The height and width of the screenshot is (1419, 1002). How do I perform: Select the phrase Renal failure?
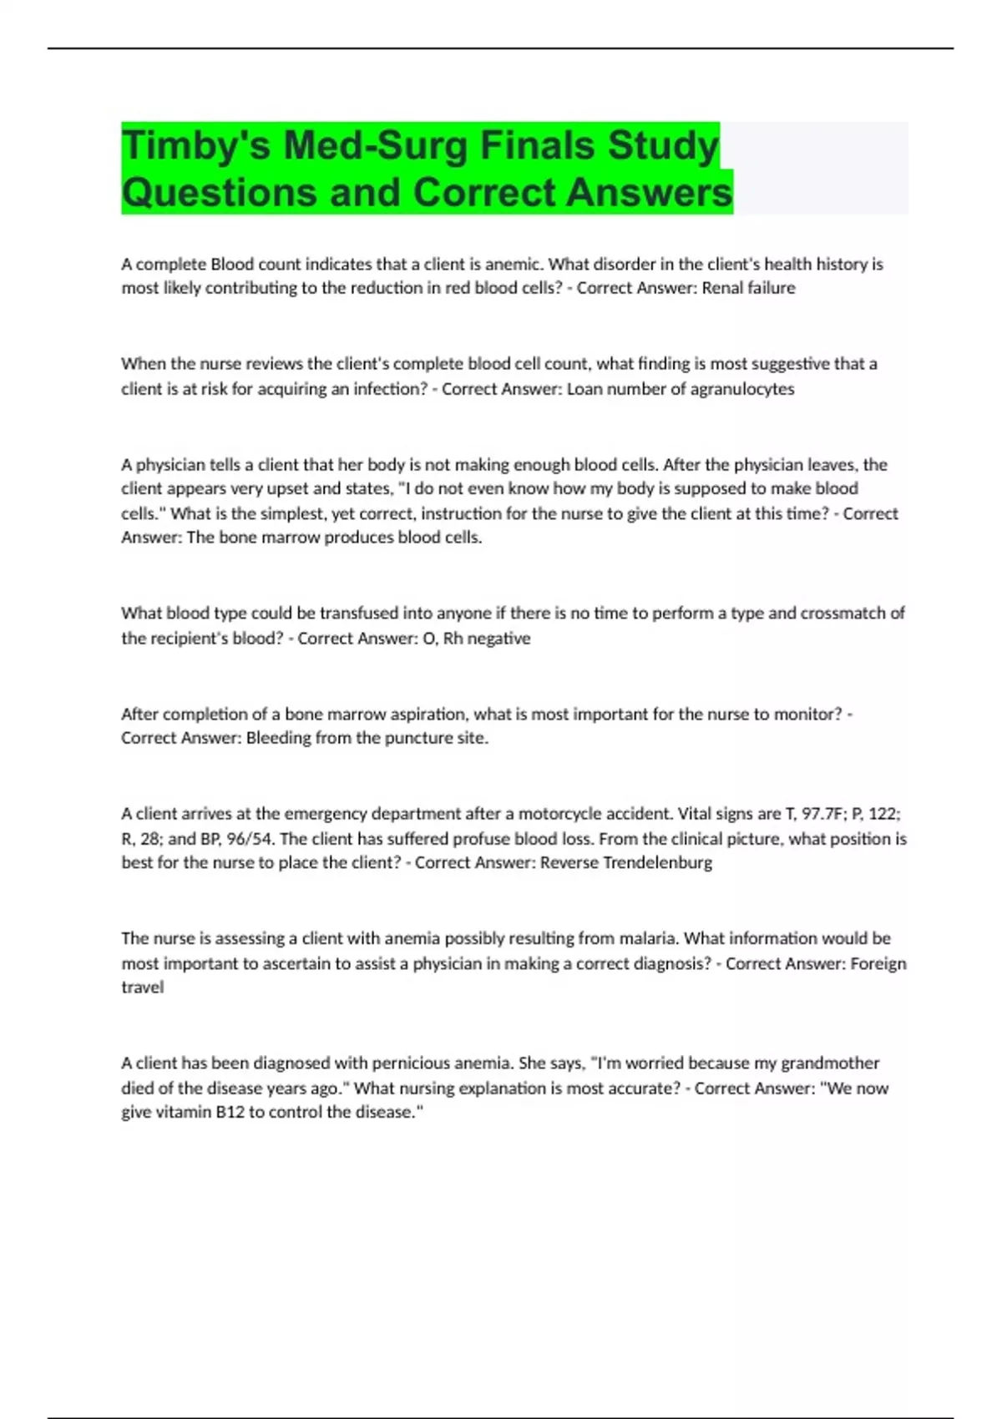click(x=748, y=288)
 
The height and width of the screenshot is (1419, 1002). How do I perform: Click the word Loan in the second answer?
click(x=585, y=389)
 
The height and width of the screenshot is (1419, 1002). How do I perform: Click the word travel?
click(x=142, y=987)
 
